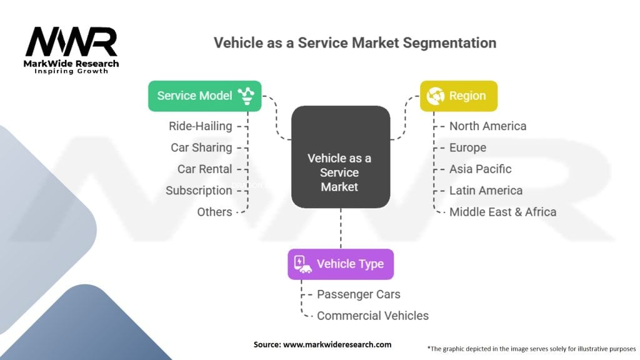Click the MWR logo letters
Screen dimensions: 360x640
71,42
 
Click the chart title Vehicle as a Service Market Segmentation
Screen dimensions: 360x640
355,42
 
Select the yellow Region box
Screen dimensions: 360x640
458,96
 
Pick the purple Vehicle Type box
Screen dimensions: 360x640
341,263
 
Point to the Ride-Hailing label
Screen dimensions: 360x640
200,126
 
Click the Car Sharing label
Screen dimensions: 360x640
201,147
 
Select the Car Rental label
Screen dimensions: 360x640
204,169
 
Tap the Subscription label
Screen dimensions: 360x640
199,191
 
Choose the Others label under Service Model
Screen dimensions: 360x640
214,212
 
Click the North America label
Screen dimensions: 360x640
487,126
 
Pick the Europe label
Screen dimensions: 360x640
467,147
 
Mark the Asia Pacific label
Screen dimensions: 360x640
480,169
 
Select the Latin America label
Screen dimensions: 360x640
486,191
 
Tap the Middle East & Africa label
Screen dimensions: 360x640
502,212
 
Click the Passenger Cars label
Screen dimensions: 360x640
358,294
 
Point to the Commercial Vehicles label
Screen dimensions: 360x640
372,316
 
